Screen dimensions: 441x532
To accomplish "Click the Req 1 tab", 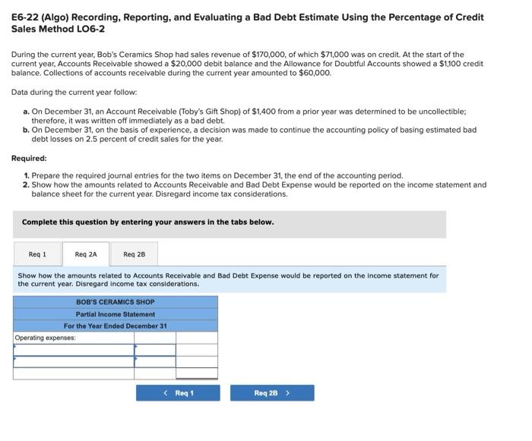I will point(37,254).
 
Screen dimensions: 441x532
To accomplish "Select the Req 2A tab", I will point(86,254).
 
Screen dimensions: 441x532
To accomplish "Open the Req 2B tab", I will point(135,254).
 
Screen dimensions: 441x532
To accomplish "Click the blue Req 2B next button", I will point(271,393).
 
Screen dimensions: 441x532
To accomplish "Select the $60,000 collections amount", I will point(315,74).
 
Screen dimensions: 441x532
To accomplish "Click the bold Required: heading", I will point(29,159).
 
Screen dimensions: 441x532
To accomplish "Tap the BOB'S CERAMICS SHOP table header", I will point(115,302).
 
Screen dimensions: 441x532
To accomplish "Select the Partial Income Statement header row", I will point(115,314).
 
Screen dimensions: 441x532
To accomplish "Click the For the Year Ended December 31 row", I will point(115,326).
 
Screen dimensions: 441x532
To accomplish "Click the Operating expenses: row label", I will point(46,338).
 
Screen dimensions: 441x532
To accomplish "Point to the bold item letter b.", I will point(27,130).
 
